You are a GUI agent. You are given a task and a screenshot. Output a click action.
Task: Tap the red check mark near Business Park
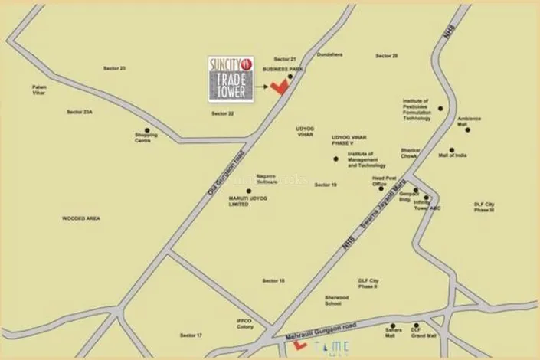(280, 87)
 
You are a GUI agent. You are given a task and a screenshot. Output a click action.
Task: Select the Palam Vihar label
(39, 91)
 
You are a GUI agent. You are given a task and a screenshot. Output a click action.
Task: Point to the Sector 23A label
(78, 112)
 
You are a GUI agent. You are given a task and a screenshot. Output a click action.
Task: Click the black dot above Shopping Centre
(146, 130)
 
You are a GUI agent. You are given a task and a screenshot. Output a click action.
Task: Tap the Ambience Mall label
(468, 121)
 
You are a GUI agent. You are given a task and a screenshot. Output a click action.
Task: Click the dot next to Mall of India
(452, 151)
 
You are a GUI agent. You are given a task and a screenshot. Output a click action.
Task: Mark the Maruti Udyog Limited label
(247, 201)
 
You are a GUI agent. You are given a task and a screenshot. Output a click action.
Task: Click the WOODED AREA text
(81, 218)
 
